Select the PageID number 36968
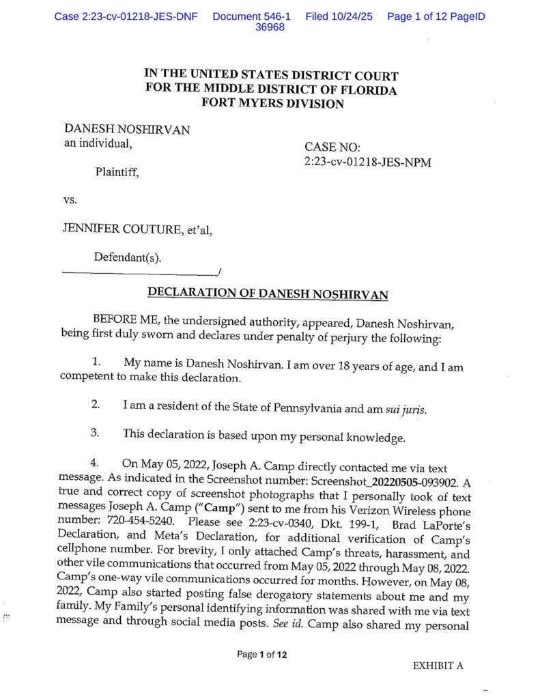pyautogui.click(x=270, y=27)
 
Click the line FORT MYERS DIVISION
pyautogui.click(x=272, y=103)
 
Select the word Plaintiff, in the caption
pyautogui.click(x=117, y=172)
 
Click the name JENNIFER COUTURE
pyautogui.click(x=122, y=229)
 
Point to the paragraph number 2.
pyautogui.click(x=97, y=405)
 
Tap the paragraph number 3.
pyautogui.click(x=97, y=433)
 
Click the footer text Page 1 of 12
pyautogui.click(x=262, y=655)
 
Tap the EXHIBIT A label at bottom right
pyautogui.click(x=438, y=666)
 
